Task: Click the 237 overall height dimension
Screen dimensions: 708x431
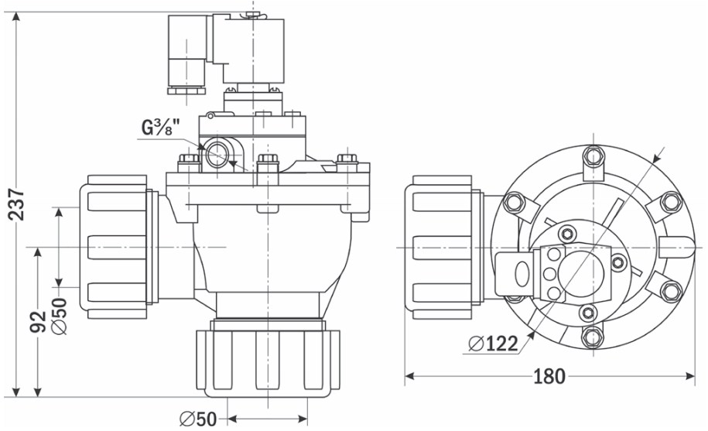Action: (x=17, y=204)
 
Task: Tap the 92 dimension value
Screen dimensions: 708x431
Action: (x=38, y=321)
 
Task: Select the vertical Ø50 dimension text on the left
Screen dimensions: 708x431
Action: (x=59, y=316)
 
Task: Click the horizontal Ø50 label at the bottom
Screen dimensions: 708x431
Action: (x=198, y=419)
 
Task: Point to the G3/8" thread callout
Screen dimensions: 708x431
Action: (x=161, y=127)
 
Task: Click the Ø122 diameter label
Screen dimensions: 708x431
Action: (x=493, y=344)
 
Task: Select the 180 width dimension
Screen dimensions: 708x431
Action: (x=549, y=376)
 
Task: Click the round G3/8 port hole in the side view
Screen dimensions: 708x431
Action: (x=218, y=154)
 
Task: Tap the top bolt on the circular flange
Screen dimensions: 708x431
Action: (x=593, y=156)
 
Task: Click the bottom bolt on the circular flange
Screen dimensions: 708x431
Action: (x=593, y=337)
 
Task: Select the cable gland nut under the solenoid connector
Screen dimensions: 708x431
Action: (x=186, y=91)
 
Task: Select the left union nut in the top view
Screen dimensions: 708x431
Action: (x=439, y=247)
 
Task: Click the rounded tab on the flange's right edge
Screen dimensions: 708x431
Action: (x=676, y=248)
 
